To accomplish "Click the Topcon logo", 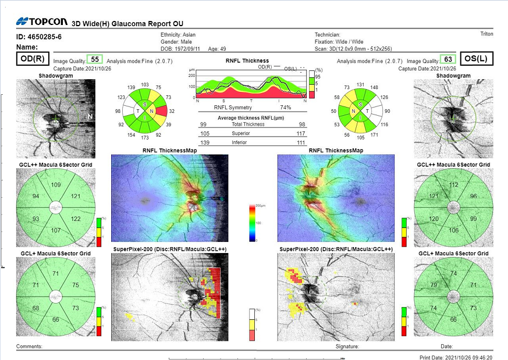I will tap(42, 22).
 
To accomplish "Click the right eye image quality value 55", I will tap(94, 59).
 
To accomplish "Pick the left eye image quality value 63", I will tap(447, 59).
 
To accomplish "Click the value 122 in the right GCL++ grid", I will tap(75, 219).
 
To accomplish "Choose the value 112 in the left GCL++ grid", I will tap(453, 185).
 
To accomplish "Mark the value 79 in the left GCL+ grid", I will tap(434, 285).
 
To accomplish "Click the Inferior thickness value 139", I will tap(204, 142).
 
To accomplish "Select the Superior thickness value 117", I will tap(300, 133).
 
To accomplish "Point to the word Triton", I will tap(486, 34).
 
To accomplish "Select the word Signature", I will tap(347, 346).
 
